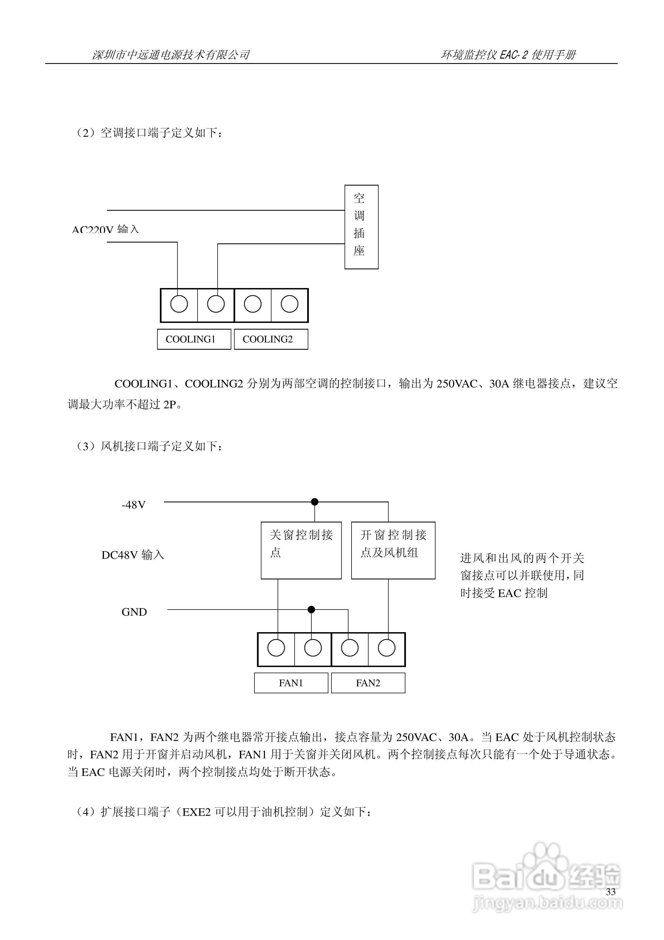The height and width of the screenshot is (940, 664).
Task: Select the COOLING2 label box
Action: tap(271, 339)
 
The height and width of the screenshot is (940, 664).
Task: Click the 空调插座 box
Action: tap(361, 227)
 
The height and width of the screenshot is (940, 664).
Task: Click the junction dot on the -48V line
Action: tap(314, 502)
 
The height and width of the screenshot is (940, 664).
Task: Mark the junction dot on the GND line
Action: tap(311, 610)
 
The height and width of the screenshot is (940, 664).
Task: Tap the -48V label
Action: tap(133, 505)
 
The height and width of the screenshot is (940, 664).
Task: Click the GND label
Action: tap(134, 612)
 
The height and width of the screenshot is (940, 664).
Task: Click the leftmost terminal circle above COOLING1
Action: tap(179, 304)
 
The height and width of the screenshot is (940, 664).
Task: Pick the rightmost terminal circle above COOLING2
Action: tap(289, 304)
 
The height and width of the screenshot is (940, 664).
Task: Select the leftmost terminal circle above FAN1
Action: tap(276, 648)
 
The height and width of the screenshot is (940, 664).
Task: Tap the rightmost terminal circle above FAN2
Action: tap(386, 648)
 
